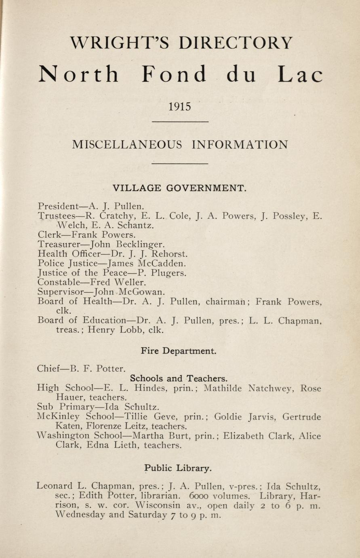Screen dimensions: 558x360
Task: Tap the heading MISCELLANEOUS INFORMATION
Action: point(180,144)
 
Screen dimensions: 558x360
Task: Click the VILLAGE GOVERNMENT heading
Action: point(179,188)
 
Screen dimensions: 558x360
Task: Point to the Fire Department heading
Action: point(179,351)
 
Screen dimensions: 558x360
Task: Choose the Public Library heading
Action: point(178,468)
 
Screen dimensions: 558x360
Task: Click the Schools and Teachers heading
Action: point(179,378)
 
